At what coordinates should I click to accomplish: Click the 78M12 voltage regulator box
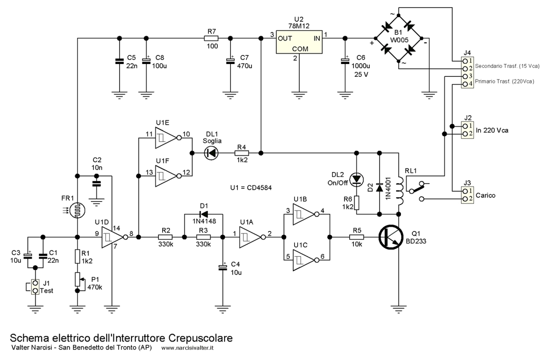299,42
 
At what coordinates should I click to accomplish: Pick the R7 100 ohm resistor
211,38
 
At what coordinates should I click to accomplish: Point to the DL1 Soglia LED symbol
211,153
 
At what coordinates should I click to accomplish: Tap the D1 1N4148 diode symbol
203,214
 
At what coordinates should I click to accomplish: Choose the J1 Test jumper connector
35,286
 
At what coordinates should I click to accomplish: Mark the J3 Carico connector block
467,195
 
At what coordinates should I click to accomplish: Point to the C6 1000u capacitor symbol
345,61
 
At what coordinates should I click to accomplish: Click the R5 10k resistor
356,237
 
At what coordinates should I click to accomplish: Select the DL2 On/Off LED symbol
356,179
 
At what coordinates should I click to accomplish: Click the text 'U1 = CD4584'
251,187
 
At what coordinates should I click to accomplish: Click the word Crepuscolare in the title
201,338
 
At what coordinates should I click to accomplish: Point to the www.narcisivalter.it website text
187,348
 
